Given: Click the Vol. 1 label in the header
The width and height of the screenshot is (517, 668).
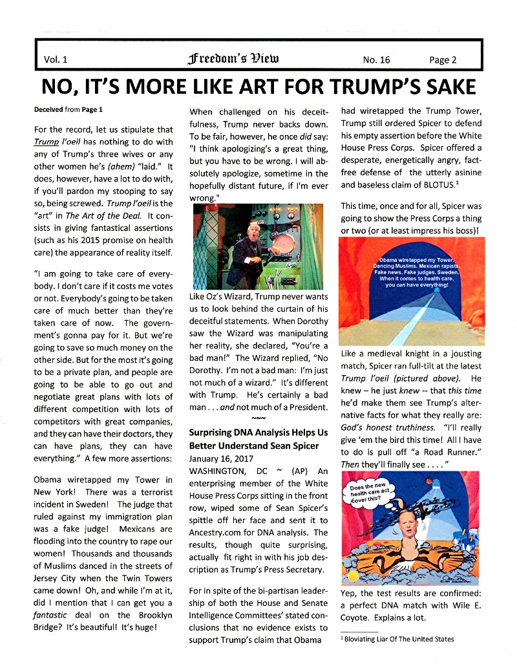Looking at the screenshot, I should coord(56,59).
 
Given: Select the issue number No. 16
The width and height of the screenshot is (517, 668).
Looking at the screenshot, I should coord(377,59).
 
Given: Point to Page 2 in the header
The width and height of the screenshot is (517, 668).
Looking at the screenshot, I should coord(443,59).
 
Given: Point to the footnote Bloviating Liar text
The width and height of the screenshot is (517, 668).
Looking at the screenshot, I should coord(398,639).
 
